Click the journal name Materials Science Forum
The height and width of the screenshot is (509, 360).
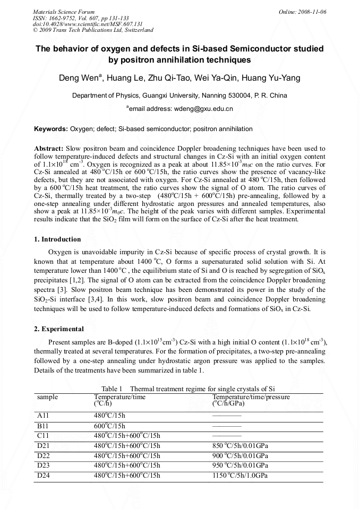click(64, 12)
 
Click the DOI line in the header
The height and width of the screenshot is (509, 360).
click(88, 24)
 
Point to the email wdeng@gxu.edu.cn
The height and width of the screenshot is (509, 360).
click(203, 109)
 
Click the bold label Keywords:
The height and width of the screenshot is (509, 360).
click(51, 129)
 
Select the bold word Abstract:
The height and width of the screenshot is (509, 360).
click(49, 149)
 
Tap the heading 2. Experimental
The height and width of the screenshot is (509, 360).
click(59, 329)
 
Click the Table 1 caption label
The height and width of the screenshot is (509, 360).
click(112, 389)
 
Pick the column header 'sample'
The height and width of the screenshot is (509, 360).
click(48, 396)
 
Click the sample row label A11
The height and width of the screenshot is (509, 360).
click(44, 416)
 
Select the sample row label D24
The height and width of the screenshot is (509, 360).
click(44, 476)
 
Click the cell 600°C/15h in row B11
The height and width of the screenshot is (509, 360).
click(110, 426)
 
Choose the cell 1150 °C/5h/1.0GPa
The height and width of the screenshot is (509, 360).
click(240, 476)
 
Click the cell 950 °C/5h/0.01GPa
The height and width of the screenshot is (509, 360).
click(240, 465)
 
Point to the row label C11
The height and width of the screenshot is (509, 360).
click(44, 436)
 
